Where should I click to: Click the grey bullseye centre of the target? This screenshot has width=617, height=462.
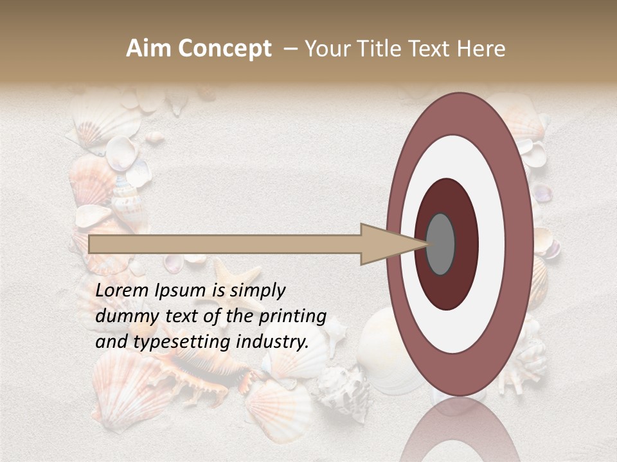440,244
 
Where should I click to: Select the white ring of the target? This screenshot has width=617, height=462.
491,244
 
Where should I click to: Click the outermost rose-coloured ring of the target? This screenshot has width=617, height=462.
521,244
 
